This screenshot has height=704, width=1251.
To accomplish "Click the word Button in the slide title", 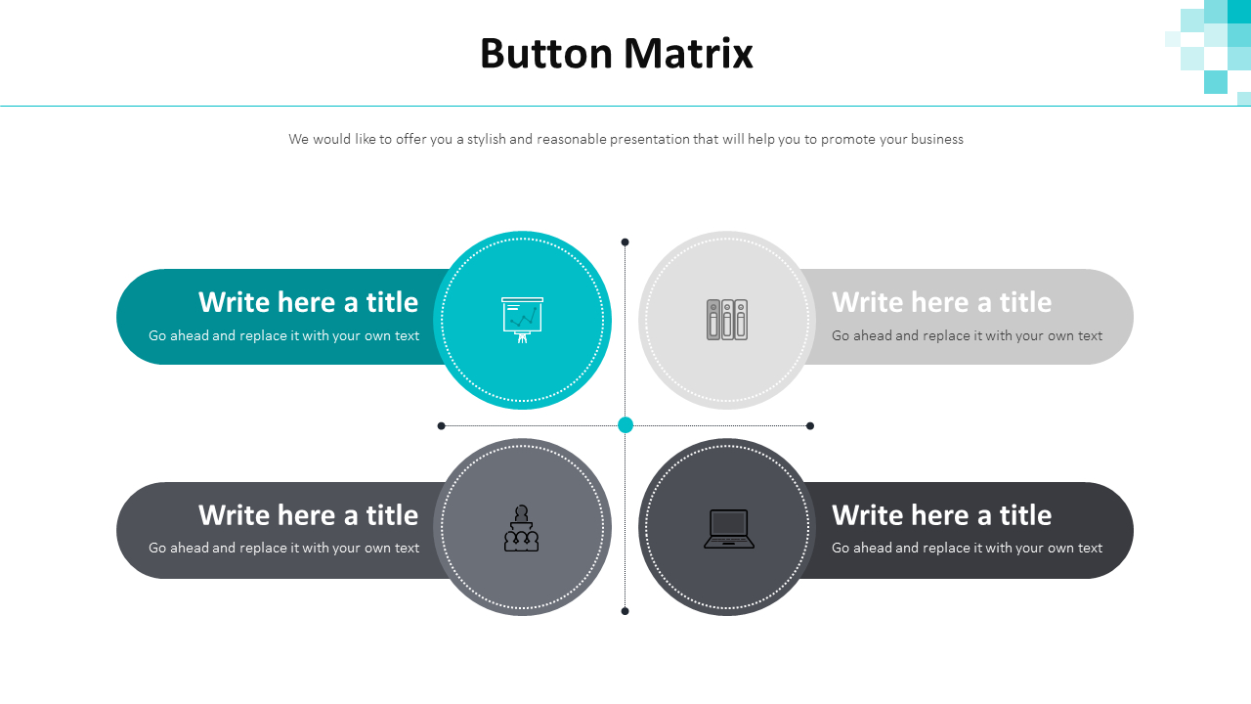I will [545, 54].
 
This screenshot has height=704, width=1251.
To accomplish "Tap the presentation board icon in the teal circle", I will [522, 320].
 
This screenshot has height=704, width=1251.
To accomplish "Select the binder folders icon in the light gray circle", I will [726, 320].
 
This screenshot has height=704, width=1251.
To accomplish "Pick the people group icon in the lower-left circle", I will [522, 528].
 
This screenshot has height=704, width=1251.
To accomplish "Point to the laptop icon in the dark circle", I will [728, 529].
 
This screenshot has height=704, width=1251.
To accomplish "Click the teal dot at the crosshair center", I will [625, 424].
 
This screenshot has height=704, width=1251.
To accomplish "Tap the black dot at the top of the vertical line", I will [625, 242].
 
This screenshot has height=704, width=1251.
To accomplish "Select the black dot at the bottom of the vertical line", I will [625, 611].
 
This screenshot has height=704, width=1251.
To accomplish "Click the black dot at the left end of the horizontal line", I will [442, 425].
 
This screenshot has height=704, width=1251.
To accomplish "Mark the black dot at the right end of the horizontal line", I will [810, 425].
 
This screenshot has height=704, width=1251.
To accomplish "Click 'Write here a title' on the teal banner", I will [308, 302].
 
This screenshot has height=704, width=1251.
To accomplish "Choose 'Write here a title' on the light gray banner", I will [941, 302].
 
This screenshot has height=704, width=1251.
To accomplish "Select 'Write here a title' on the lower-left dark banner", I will [308, 514].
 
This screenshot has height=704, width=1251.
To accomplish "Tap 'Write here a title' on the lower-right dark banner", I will [941, 514].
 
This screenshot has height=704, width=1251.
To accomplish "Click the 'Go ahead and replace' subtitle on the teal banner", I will [283, 335].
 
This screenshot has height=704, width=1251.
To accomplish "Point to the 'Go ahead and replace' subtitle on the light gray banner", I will [967, 335].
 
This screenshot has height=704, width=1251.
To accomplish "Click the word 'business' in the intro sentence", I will [936, 139].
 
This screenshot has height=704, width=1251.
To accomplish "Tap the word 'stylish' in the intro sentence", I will [486, 139].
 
